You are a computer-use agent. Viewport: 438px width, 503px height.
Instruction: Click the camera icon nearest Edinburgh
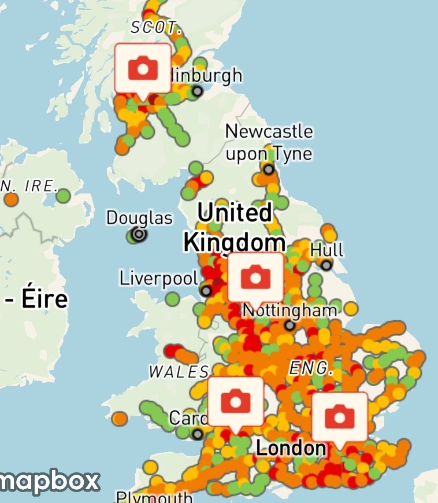click(143, 69)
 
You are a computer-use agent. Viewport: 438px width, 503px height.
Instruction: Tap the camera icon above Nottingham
click(255, 278)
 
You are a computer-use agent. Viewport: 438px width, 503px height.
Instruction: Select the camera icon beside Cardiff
click(235, 401)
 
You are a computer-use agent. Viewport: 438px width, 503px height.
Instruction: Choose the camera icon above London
click(339, 416)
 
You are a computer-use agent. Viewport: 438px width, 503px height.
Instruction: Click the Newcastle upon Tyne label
click(269, 142)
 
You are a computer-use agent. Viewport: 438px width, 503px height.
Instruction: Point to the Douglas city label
click(139, 218)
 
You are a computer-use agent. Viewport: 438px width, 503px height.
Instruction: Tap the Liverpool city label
click(158, 278)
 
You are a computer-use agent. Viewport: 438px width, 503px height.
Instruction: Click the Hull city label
click(327, 250)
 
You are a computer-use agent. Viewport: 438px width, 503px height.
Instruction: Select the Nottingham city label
click(289, 310)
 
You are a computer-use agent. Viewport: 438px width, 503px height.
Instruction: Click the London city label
click(291, 448)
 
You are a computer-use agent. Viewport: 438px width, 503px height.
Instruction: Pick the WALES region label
click(179, 372)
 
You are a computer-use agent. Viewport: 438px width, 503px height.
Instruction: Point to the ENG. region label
click(311, 368)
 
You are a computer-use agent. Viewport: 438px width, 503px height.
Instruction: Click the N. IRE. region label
click(29, 186)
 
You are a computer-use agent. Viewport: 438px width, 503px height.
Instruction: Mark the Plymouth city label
click(154, 497)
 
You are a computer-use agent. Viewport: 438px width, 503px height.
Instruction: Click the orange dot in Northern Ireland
click(10, 200)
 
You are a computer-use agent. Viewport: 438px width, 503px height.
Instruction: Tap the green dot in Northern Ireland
click(64, 196)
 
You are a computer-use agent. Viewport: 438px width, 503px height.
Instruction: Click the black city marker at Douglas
click(139, 234)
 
